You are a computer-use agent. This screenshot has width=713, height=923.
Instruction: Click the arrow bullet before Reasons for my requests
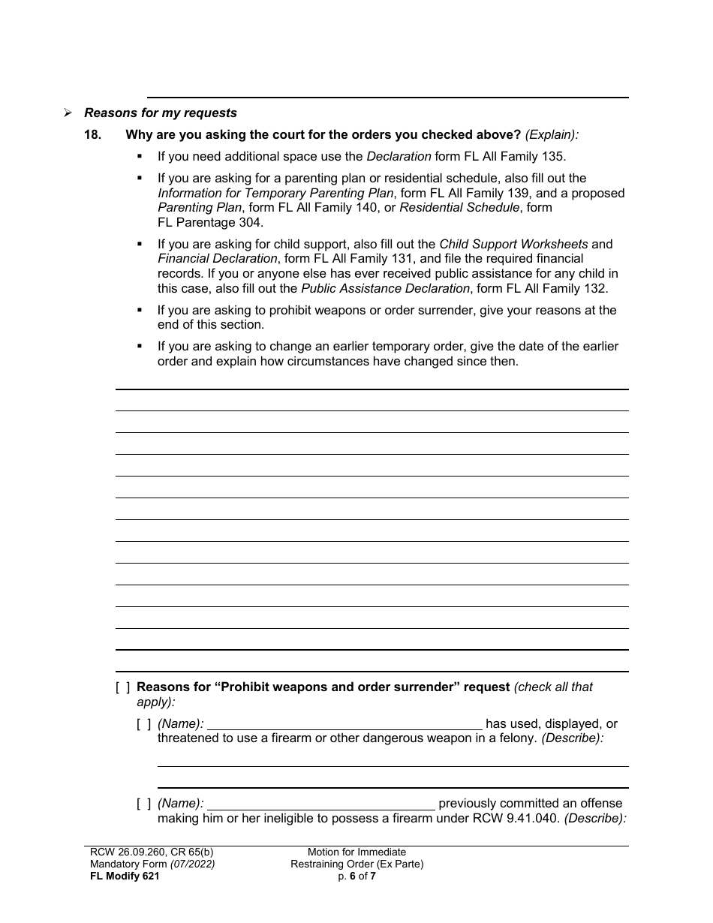point(68,113)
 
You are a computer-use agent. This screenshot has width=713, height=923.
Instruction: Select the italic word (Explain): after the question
point(552,135)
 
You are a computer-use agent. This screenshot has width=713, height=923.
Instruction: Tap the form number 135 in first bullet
point(554,157)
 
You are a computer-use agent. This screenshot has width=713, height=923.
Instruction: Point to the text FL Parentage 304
point(210,222)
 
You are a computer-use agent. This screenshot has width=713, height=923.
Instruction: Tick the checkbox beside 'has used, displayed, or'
point(143,724)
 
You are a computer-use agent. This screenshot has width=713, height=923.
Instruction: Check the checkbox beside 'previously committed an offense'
point(143,804)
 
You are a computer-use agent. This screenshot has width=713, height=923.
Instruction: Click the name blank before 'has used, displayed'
point(344,724)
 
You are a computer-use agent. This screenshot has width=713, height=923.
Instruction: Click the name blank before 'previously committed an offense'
point(321,804)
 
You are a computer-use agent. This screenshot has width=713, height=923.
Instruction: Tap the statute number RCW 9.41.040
point(512,819)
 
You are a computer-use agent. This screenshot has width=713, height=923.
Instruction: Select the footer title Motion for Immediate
point(356,852)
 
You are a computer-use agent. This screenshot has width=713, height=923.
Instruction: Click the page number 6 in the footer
point(352,876)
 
